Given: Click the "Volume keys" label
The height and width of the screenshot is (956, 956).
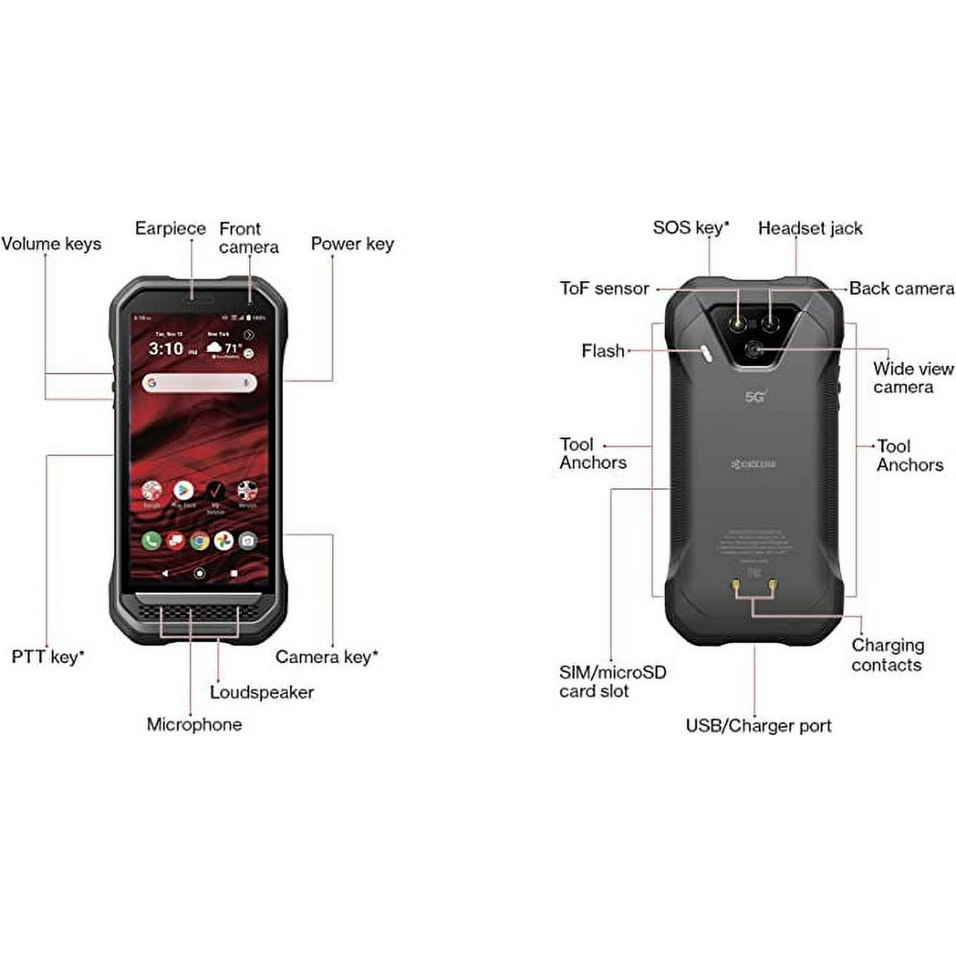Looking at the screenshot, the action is click(x=51, y=244).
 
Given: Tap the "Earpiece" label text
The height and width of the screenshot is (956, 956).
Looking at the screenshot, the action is click(x=170, y=228).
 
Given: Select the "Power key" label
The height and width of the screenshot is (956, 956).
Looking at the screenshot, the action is click(x=353, y=244).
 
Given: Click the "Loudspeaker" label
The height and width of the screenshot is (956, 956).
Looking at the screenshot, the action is click(x=262, y=693).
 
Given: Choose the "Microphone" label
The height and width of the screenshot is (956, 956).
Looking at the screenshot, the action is click(x=194, y=725).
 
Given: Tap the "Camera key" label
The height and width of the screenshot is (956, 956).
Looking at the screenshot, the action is click(x=326, y=657).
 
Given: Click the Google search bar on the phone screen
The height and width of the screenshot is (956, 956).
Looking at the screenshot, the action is click(x=199, y=383).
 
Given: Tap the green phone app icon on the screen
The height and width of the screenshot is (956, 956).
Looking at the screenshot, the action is click(x=151, y=541).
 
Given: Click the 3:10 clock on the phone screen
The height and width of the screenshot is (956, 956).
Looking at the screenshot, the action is click(x=166, y=348).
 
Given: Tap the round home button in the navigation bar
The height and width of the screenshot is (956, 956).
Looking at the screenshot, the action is click(x=200, y=573).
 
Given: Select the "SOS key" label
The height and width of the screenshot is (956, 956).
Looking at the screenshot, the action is click(x=691, y=228).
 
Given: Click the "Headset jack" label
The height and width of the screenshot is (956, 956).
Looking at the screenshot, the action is click(x=810, y=228).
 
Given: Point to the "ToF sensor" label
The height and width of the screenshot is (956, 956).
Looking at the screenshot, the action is click(x=604, y=289).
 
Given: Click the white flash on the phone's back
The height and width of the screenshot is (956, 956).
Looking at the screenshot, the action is click(x=707, y=353).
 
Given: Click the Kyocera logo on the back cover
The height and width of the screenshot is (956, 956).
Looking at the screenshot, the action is click(x=754, y=464).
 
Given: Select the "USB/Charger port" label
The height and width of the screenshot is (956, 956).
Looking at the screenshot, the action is click(x=758, y=726).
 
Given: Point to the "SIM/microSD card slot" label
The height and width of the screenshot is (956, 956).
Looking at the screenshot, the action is click(x=612, y=682).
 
